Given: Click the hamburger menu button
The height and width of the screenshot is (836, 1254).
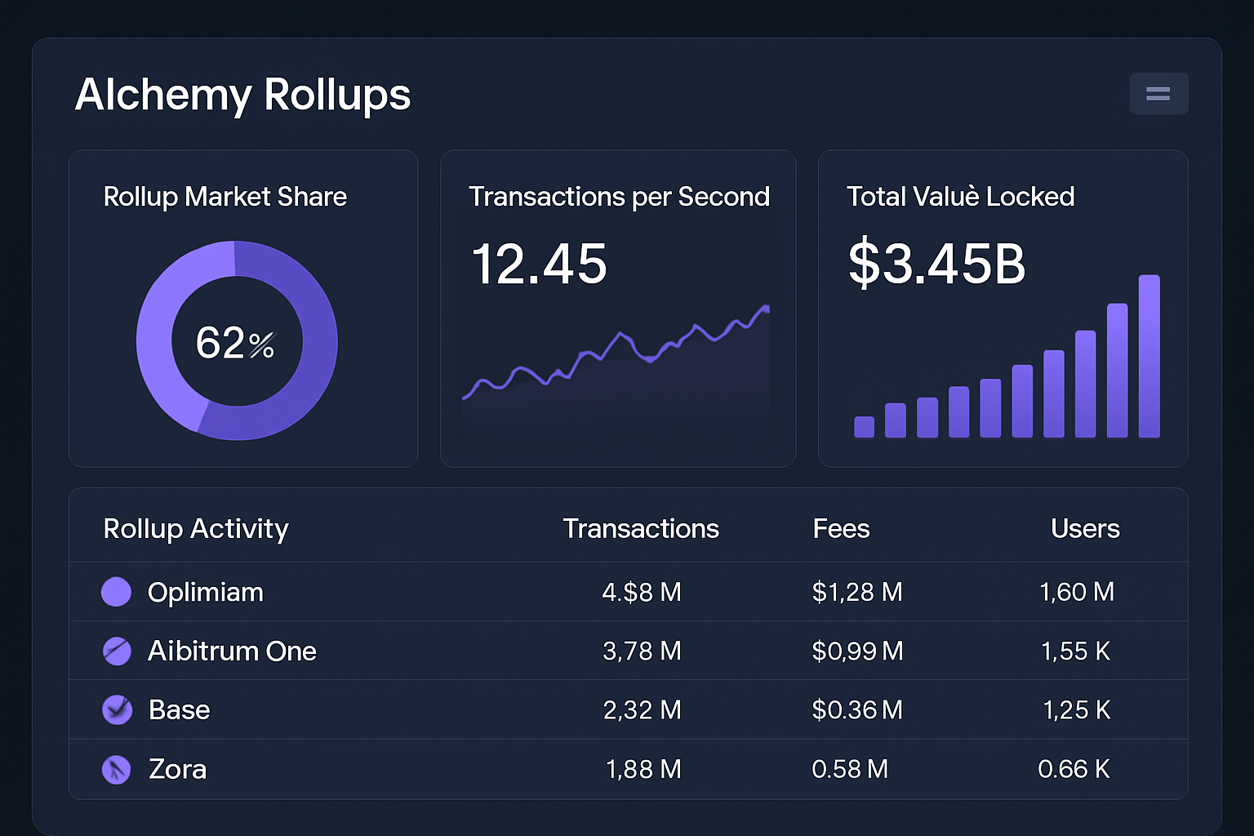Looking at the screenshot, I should tap(1158, 94).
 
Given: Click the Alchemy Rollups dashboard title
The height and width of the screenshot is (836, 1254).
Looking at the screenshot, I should tap(242, 95).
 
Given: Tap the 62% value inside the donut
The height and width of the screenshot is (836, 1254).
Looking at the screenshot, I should tap(235, 343).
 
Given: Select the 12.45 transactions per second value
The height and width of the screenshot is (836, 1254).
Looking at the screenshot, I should tap(539, 265).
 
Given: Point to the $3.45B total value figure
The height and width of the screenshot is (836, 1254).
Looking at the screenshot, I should tap(936, 264).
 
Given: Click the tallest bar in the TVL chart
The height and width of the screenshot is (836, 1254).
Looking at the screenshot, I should tap(1149, 356).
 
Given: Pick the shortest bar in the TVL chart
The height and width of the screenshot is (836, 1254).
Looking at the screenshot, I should tap(864, 427).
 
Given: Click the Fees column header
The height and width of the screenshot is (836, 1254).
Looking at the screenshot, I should tap(841, 529).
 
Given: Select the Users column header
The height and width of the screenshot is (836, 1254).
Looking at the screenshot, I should tap(1084, 529).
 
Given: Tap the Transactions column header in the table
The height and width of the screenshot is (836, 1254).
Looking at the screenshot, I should tap(641, 529).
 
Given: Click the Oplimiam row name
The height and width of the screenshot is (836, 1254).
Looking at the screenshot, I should tap(206, 593).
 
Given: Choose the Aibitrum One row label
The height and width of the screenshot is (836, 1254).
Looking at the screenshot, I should tap(232, 651).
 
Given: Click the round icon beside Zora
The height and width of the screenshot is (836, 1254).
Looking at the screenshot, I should tap(116, 769).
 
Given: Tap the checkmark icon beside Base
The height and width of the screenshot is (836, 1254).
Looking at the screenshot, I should tap(117, 709).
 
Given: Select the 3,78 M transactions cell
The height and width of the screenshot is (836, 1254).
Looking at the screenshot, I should tap(642, 651).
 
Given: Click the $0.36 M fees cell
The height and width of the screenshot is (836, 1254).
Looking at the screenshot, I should tap(857, 710).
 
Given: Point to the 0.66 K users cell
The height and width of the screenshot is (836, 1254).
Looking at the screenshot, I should tap(1074, 769).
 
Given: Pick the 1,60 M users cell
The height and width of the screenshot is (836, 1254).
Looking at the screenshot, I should tap(1076, 593).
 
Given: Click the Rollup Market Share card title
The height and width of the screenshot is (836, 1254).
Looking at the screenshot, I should tap(225, 197).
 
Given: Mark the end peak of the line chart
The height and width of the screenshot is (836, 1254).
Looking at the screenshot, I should tap(766, 309).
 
